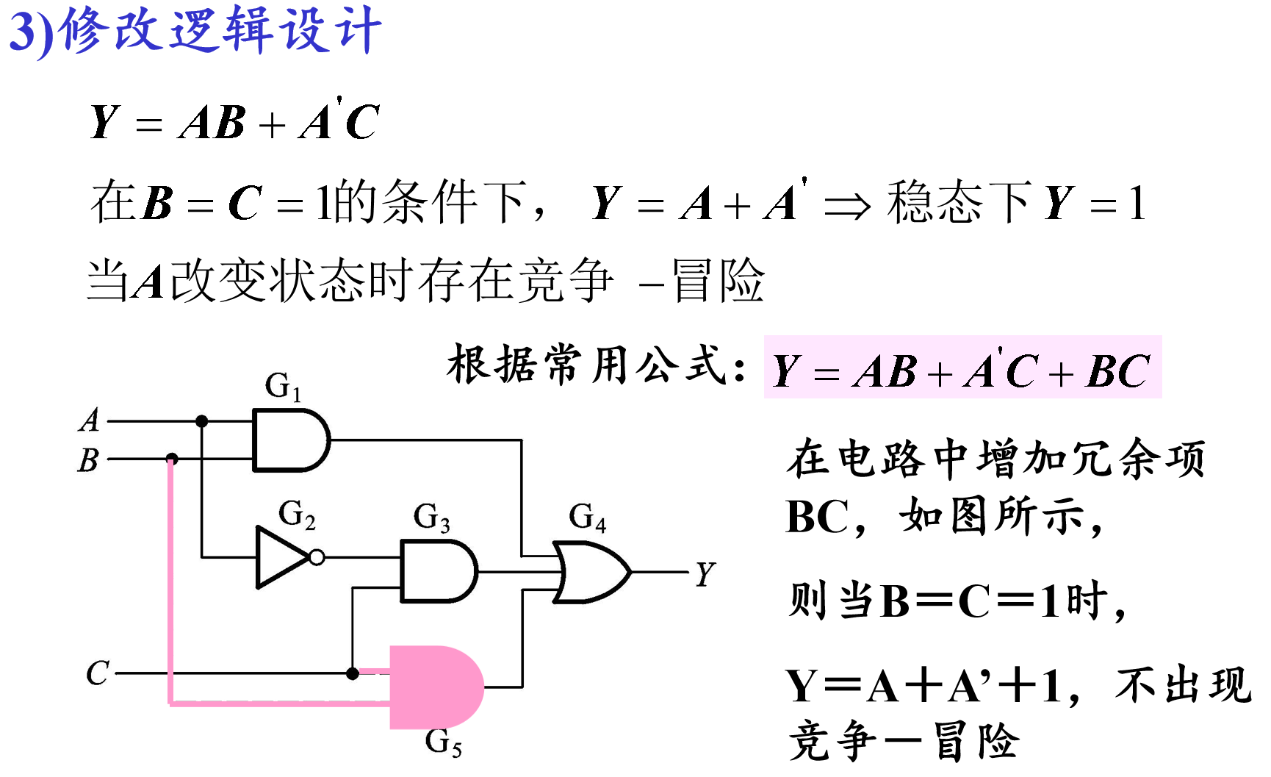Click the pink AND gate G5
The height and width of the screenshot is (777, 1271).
coord(433,687)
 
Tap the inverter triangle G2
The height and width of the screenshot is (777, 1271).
coord(280,557)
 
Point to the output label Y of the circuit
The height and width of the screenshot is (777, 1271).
coord(705,573)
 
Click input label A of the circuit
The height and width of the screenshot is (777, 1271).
coord(89,420)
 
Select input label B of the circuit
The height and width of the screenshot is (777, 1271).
coord(88,460)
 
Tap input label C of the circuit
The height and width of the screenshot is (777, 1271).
coord(97,673)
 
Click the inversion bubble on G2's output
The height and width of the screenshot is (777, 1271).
coord(317,557)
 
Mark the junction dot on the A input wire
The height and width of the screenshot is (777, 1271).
coord(201,421)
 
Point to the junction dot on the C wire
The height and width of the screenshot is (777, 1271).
coord(353,673)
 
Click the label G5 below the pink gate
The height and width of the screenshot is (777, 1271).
coord(443,742)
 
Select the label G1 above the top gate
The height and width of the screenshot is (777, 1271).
coord(283,386)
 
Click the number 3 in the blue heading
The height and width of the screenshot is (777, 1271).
coord(22,32)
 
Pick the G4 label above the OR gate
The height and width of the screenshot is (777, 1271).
coord(587,517)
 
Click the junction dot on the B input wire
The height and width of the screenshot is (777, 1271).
coord(172,459)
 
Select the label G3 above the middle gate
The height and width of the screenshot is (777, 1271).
coord(431,517)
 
